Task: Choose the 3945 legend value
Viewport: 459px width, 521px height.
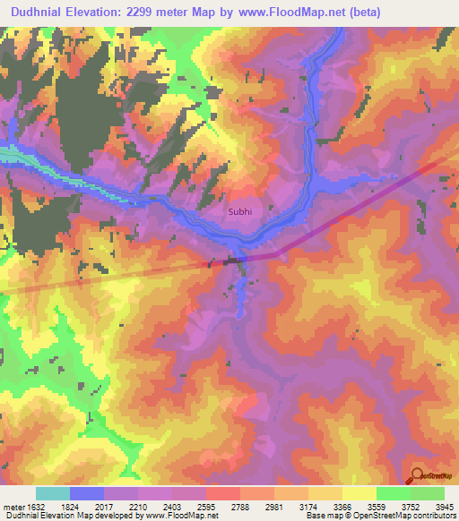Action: (x=446, y=507)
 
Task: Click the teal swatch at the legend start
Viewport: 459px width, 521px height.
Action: (x=52, y=493)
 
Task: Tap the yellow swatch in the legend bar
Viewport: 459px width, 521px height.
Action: (x=359, y=493)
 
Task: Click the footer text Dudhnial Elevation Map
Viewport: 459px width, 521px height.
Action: (x=53, y=516)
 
